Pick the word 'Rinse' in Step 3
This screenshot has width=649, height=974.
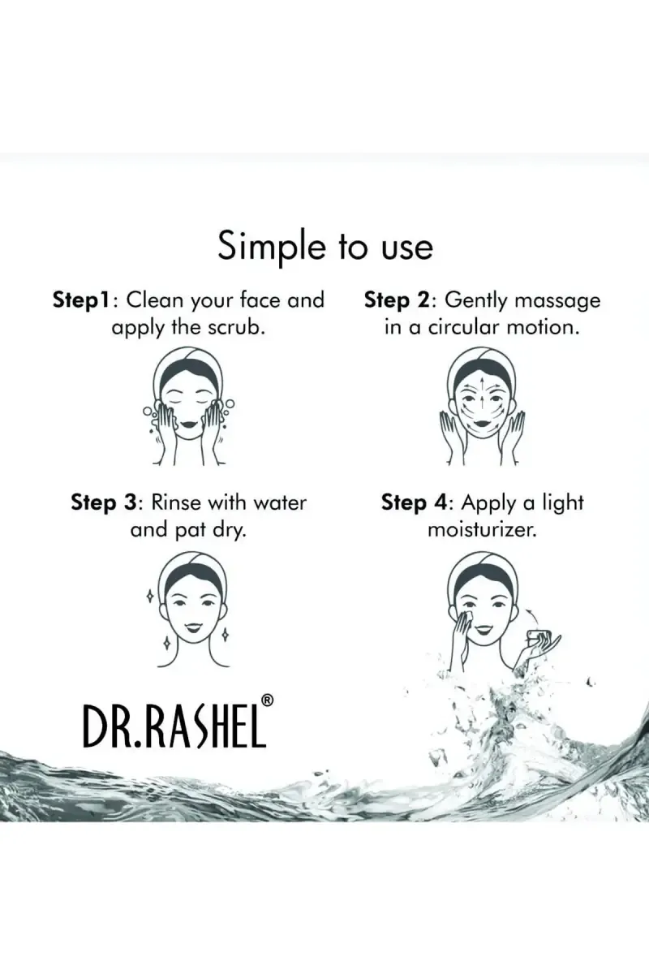point(176,503)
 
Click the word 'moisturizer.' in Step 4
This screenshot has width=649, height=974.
point(482,530)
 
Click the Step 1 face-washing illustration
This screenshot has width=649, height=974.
point(189,406)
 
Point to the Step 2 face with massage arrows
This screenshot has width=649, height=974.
point(482,406)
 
